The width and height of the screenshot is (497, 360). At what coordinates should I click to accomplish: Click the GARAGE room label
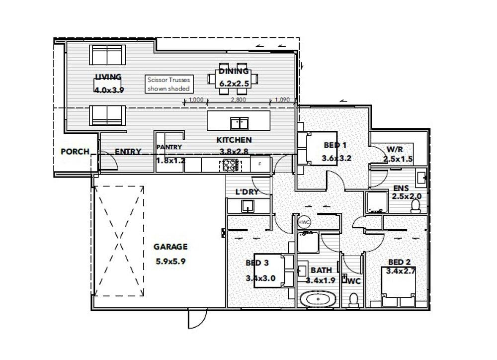click(170, 247)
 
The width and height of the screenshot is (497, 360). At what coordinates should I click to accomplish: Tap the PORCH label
click(75, 152)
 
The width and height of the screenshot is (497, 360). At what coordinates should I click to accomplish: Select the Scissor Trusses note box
click(169, 84)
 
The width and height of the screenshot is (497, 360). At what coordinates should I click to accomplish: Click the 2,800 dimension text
click(239, 99)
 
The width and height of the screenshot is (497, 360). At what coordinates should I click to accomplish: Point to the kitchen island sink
click(240, 123)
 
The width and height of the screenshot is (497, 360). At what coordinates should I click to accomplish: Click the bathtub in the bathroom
click(317, 299)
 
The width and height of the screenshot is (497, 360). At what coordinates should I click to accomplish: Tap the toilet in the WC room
click(353, 300)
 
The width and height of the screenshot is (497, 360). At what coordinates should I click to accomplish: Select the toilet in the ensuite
click(415, 205)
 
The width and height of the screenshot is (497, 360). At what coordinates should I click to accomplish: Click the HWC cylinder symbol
click(304, 222)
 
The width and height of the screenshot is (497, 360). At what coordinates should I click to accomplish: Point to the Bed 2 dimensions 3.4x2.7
click(400, 271)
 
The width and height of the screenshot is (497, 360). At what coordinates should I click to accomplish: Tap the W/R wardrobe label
click(395, 149)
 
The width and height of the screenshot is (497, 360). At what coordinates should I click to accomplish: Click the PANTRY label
click(169, 147)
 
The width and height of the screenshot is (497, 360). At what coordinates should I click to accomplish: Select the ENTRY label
click(128, 152)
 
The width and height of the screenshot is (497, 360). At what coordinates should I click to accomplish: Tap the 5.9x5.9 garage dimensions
click(170, 262)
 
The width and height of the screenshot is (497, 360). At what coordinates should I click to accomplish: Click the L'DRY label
click(247, 192)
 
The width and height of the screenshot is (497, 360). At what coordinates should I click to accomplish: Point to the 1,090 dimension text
click(282, 99)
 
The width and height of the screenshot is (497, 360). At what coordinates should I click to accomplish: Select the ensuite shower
click(377, 202)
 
